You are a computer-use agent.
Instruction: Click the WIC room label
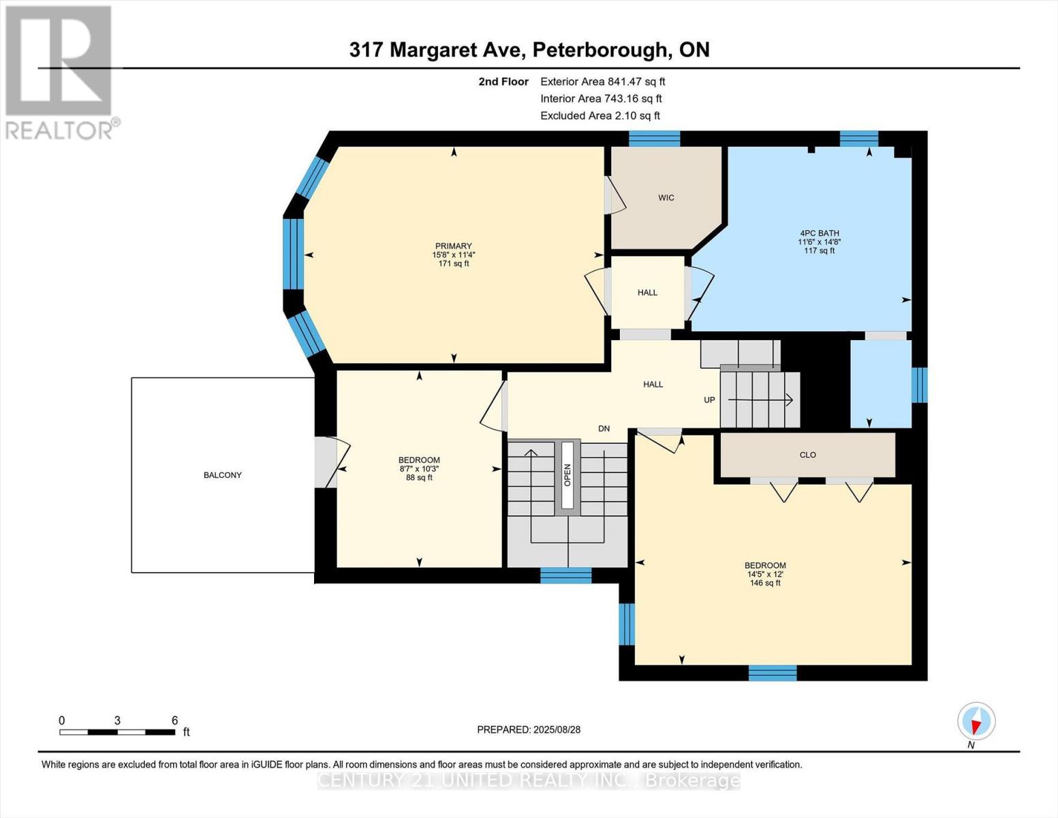666,198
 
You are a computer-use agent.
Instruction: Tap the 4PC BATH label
819,233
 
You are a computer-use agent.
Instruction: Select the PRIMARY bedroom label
453,246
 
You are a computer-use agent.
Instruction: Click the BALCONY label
223,475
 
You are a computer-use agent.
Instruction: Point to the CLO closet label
807,455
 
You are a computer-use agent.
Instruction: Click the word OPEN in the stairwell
567,475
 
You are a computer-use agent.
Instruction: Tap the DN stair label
604,429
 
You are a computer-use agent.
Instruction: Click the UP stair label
709,400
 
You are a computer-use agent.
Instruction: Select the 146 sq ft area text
765,583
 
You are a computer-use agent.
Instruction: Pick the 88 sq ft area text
419,478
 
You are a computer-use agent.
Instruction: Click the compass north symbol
976,721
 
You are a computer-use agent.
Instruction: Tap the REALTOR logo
60,72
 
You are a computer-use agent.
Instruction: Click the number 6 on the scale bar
174,721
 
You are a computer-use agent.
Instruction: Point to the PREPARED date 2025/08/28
529,729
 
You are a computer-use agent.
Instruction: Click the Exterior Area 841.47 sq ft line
602,81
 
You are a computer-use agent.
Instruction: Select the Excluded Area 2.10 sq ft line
600,116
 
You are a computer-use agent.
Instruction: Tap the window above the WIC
654,138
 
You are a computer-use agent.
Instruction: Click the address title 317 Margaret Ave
529,50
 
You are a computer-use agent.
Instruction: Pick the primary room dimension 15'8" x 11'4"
453,255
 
